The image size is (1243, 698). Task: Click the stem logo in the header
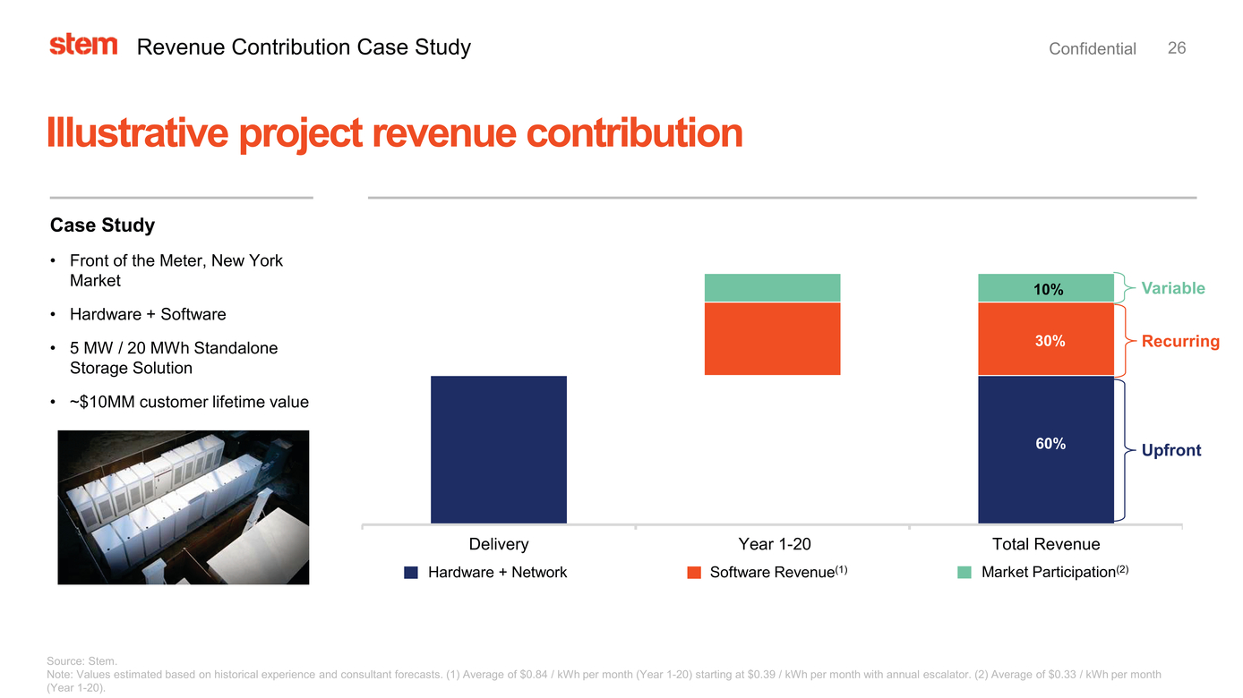(83, 45)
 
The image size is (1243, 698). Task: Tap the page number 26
(1177, 48)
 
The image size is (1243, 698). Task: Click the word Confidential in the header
(1092, 49)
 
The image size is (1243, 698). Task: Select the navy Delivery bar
(499, 449)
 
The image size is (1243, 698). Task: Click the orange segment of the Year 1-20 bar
(772, 339)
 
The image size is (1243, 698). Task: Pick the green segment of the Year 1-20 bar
(772, 288)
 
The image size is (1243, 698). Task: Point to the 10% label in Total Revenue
(1048, 289)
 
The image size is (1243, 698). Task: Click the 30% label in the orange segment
(1050, 341)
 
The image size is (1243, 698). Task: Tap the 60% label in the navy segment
(1050, 444)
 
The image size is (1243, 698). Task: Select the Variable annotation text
(1172, 288)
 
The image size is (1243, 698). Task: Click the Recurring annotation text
(1179, 341)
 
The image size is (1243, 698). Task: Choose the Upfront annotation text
(1170, 450)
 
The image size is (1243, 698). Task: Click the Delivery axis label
(499, 544)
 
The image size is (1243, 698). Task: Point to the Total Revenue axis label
(1045, 544)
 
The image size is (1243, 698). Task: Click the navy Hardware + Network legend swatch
(411, 573)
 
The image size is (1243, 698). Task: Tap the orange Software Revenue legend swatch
(694, 573)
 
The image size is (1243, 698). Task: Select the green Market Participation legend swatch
(964, 573)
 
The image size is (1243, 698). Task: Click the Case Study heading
(102, 226)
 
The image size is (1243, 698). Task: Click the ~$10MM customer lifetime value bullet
(188, 402)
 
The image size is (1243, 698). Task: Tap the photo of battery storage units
(183, 507)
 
